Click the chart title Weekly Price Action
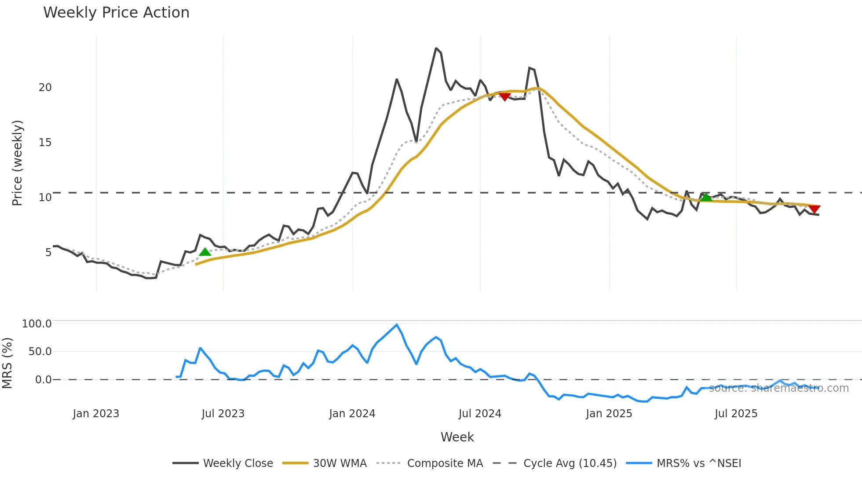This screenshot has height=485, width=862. (x=116, y=13)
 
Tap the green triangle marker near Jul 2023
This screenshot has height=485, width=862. (x=205, y=252)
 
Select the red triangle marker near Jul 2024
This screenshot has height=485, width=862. (x=504, y=96)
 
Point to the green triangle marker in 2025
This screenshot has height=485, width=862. (x=706, y=198)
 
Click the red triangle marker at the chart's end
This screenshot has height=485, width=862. (x=814, y=209)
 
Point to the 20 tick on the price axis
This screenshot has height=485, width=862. (x=45, y=88)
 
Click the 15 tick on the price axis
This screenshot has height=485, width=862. (x=45, y=143)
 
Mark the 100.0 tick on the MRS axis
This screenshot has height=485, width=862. (x=37, y=324)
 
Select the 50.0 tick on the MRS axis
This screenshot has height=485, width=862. (x=40, y=352)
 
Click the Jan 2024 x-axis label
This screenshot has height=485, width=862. (x=352, y=414)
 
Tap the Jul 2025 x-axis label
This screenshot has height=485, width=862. (x=736, y=414)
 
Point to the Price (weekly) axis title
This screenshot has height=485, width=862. (x=17, y=163)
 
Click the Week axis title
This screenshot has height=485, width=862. (x=457, y=437)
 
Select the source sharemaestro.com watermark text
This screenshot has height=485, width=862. (x=778, y=388)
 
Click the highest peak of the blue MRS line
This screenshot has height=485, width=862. (x=397, y=325)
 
